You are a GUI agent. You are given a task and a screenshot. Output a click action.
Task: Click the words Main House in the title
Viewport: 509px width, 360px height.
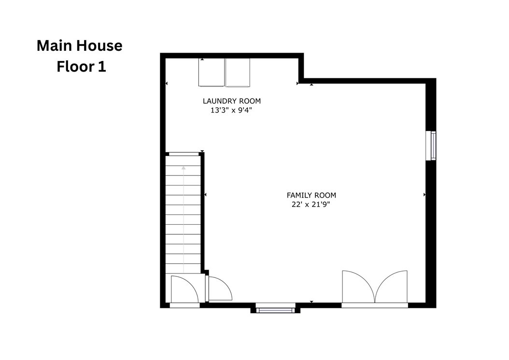coord(80,45)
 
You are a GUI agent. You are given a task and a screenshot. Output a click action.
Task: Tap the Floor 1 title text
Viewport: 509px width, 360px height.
coord(81,67)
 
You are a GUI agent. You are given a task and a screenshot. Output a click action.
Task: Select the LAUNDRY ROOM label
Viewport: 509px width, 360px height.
coord(232,101)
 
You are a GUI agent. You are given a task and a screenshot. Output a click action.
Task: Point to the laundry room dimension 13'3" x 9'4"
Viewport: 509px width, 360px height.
coord(231,110)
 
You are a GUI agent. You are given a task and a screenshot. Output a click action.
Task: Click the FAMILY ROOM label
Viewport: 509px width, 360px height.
coord(311,195)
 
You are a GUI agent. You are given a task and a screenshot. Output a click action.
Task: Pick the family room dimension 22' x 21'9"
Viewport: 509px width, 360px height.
coord(311,204)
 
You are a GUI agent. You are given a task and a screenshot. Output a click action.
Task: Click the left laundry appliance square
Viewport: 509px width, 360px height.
coord(212,72)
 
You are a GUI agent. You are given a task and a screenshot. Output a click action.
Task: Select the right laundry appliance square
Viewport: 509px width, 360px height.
coord(238,73)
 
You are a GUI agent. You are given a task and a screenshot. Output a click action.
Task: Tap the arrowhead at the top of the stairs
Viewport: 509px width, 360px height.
coord(184,168)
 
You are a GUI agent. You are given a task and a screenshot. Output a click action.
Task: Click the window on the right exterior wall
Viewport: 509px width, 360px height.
coord(431,145)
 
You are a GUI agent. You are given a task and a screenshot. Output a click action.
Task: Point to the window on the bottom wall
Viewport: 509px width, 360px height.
coord(275,310)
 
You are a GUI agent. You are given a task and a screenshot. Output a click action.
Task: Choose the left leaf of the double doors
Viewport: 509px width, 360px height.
coord(358,287)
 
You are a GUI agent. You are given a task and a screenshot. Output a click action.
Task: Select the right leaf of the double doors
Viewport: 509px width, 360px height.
coord(392,287)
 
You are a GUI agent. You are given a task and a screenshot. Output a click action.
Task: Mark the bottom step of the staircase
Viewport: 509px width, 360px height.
coord(183,268)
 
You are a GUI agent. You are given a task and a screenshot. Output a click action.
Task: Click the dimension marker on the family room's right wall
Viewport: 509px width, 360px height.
coord(424,195)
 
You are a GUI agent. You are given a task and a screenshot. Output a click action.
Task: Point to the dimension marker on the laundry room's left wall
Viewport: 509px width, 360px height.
coord(167,84)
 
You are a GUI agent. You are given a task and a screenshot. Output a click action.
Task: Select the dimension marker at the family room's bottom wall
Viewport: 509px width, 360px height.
coord(311,302)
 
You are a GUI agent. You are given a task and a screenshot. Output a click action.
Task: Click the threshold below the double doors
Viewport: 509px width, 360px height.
coord(375,305)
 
